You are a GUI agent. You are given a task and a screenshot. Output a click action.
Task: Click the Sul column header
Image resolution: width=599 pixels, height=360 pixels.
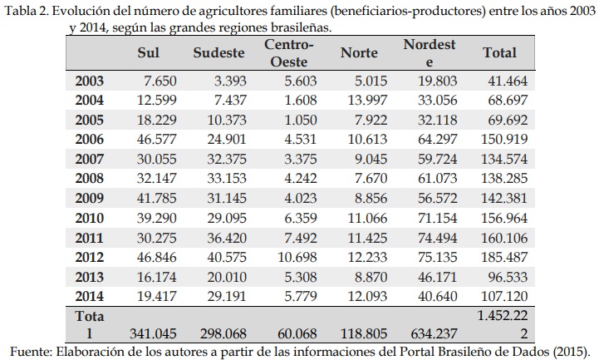click(148, 52)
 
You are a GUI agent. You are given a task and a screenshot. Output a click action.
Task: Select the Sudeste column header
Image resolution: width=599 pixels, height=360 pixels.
click(218, 52)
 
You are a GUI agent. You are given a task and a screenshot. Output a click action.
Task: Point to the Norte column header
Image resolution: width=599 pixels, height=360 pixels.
click(360, 52)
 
